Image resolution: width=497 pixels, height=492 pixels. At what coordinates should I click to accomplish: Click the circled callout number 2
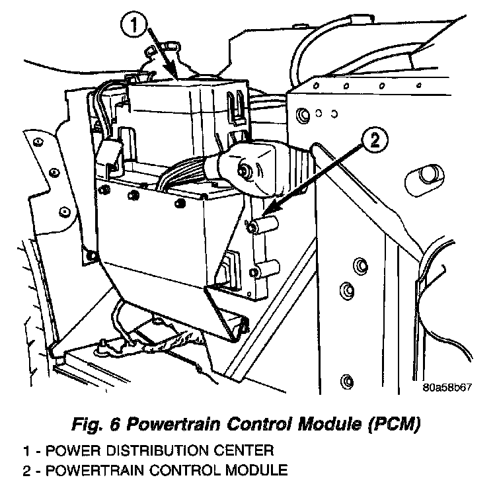[374, 140]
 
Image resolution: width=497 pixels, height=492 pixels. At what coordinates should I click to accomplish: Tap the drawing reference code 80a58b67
[447, 388]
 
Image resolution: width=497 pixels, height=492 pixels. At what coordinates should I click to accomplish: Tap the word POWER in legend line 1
[59, 452]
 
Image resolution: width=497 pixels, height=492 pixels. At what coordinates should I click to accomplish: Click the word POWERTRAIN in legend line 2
[93, 471]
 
